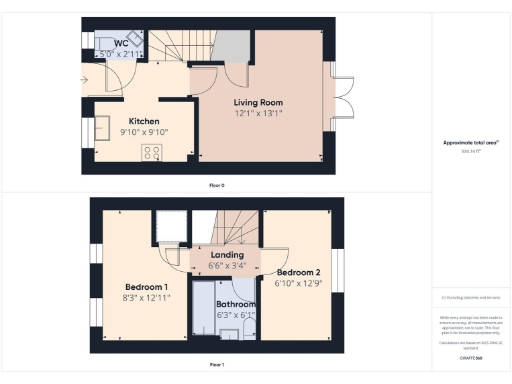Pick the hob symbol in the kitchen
(153, 153)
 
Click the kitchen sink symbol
(102, 127)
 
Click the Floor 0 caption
(216, 186)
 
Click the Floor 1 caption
(216, 364)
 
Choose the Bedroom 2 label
(298, 273)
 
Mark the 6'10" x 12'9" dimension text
(298, 283)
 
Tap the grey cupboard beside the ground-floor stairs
(230, 46)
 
